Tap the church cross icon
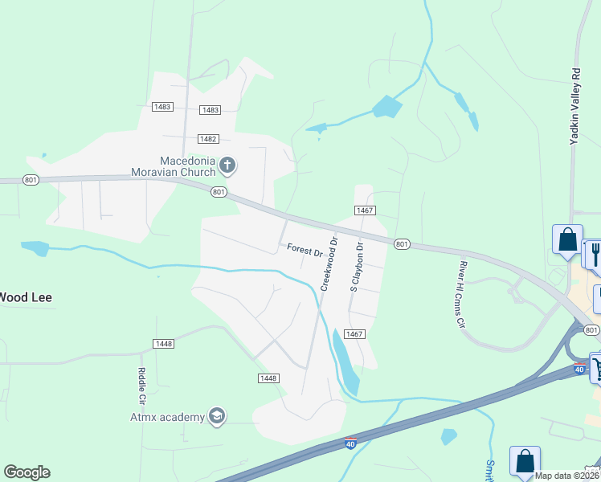point(227,166)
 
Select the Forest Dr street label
point(305,251)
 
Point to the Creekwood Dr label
point(328,263)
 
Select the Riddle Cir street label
point(141,386)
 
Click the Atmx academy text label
point(167,416)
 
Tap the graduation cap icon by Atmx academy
point(216,415)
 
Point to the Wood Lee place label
point(26,297)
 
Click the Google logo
point(27,472)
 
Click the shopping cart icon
point(596,368)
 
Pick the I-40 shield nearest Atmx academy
point(350,443)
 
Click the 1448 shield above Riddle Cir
point(163,344)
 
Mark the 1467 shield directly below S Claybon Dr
point(354,333)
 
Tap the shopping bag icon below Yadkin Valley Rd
point(566,240)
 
